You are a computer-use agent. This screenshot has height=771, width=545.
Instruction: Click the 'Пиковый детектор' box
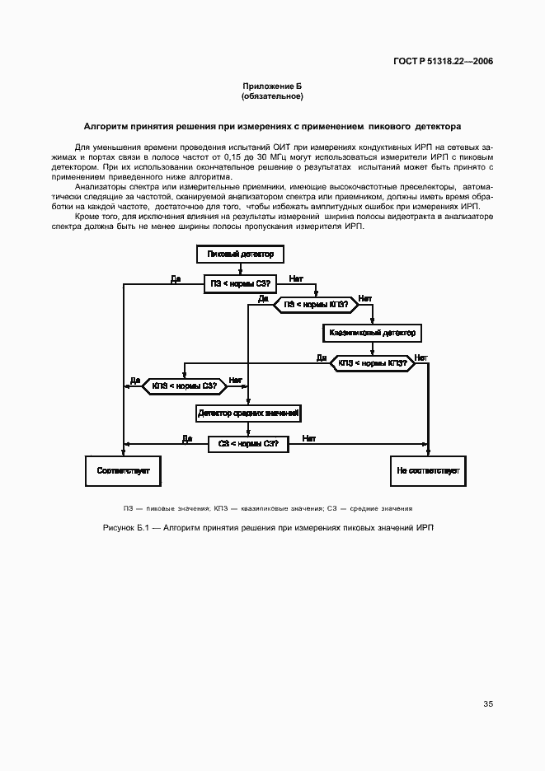click(x=240, y=254)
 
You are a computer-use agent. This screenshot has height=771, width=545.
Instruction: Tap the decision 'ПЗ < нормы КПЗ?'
click(x=315, y=304)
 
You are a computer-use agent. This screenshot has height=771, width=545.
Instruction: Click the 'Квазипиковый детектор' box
click(x=374, y=333)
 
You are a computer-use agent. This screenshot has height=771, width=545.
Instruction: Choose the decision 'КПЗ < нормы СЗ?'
click(x=185, y=385)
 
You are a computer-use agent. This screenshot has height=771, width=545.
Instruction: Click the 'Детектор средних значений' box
click(x=248, y=412)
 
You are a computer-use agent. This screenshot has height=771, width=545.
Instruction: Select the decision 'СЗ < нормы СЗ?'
click(x=248, y=443)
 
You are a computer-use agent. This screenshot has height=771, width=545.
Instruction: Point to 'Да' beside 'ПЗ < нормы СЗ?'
click(x=176, y=278)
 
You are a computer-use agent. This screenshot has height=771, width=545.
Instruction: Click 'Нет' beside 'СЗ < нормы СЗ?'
click(x=309, y=438)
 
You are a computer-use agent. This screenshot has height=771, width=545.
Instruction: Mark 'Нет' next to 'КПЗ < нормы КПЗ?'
click(x=421, y=357)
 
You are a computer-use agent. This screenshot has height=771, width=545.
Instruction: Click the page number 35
click(x=488, y=703)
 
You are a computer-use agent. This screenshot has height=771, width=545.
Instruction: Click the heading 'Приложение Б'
click(x=272, y=86)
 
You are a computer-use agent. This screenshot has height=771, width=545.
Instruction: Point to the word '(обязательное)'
click(x=272, y=96)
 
